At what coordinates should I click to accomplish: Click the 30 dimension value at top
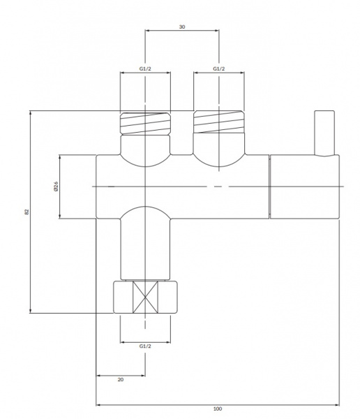tap(182, 27)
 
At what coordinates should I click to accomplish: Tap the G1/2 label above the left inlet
tap(145, 68)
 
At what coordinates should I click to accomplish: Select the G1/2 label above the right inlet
tap(219, 68)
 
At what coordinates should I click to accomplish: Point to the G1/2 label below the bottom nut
tap(145, 346)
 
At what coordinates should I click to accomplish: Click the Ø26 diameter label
tap(56, 186)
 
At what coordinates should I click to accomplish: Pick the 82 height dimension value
tap(27, 212)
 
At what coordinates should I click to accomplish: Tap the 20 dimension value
tap(121, 379)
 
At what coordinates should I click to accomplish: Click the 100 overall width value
tap(218, 409)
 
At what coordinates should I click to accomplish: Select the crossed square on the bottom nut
tap(145, 297)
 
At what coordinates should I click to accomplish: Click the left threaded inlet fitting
tap(145, 123)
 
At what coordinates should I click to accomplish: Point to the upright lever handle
tap(324, 133)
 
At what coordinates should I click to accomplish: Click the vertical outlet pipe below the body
tap(145, 249)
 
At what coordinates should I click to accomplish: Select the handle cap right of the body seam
tap(305, 186)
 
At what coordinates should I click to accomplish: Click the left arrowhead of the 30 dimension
tap(147, 31)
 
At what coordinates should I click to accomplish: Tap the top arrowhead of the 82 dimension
tap(31, 112)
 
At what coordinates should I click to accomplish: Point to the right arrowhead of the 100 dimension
tap(337, 405)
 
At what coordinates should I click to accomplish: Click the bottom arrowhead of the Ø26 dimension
tap(59, 216)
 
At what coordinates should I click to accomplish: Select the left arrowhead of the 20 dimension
tap(98, 376)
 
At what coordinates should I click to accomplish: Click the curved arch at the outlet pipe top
tap(145, 207)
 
